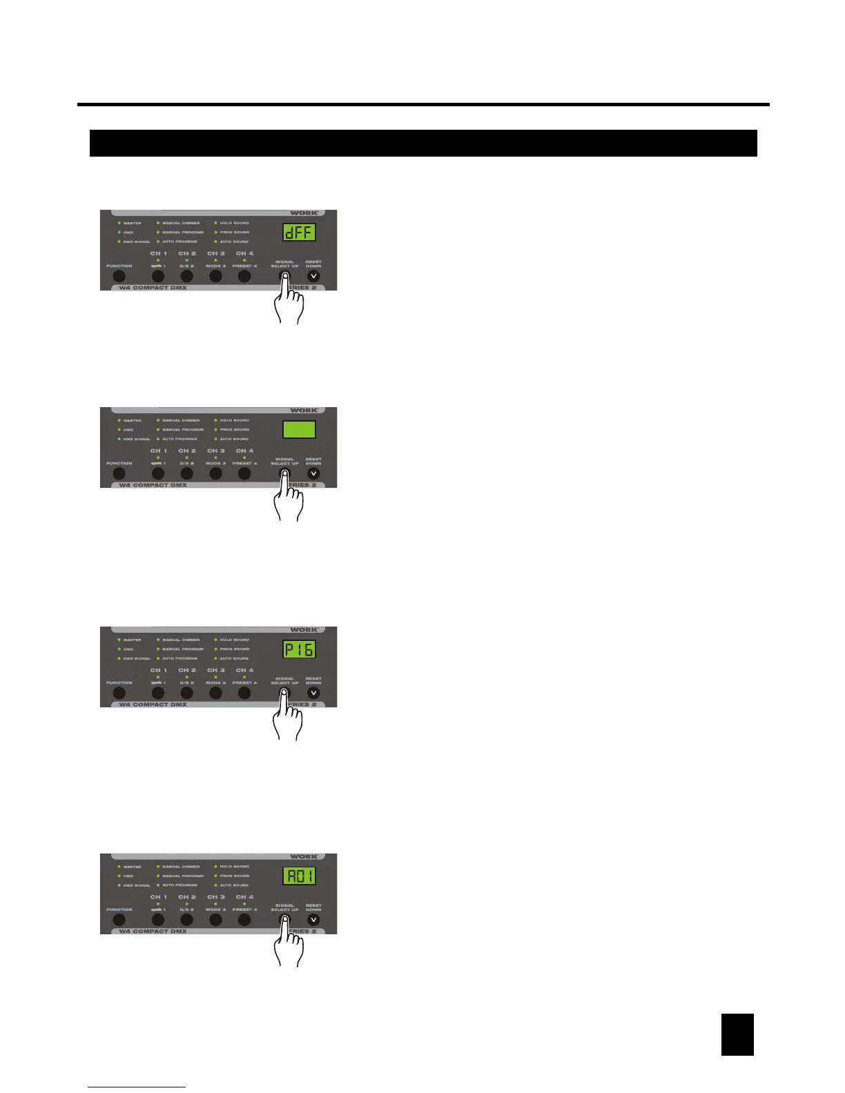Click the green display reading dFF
point(299,233)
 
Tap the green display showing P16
point(299,649)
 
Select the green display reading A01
point(299,876)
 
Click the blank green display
point(299,430)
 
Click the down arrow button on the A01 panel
point(314,920)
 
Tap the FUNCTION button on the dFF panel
point(119,277)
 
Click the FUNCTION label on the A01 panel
point(119,909)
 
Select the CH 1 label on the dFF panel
point(159,254)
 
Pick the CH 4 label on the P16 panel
point(245,671)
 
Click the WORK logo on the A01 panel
point(304,857)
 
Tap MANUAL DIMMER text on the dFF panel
point(181,224)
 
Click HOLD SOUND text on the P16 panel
point(235,640)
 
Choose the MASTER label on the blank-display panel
point(132,421)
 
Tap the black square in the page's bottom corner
point(737,1034)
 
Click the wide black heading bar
point(423,144)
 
